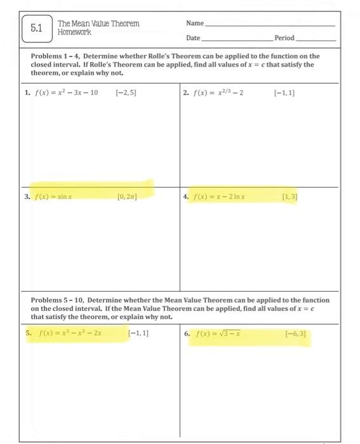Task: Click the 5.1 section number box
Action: [x=36, y=28]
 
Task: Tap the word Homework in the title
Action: [x=74, y=32]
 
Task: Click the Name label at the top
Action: [x=194, y=23]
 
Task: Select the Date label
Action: [x=193, y=38]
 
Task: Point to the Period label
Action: [x=284, y=38]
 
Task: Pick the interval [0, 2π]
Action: [x=128, y=197]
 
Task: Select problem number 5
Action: [x=29, y=332]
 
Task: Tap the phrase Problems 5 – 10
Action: [x=57, y=300]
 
